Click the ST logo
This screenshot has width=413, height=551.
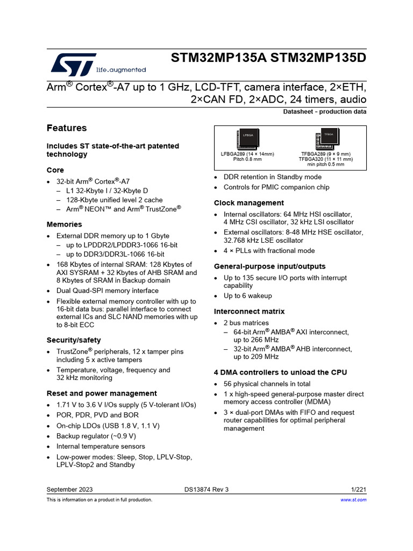click(74, 63)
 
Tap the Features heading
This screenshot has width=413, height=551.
click(67, 128)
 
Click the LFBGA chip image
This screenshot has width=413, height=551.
click(247, 139)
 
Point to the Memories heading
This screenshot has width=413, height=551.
click(65, 224)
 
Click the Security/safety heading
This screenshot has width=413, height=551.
click(74, 340)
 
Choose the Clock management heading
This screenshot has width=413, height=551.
click(249, 203)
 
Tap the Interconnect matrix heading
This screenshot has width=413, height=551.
click(250, 312)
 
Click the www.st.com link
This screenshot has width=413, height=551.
click(354, 500)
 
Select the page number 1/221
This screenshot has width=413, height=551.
click(358, 489)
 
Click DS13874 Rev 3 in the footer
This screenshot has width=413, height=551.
click(206, 489)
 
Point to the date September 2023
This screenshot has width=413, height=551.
click(69, 489)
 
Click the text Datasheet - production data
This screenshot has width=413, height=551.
click(325, 112)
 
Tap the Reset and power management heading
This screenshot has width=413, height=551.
click(102, 393)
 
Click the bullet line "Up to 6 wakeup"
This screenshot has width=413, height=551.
click(248, 296)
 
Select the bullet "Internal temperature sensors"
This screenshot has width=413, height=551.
click(101, 446)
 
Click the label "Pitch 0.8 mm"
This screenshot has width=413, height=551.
click(247, 159)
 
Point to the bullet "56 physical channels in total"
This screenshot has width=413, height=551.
click(267, 384)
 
